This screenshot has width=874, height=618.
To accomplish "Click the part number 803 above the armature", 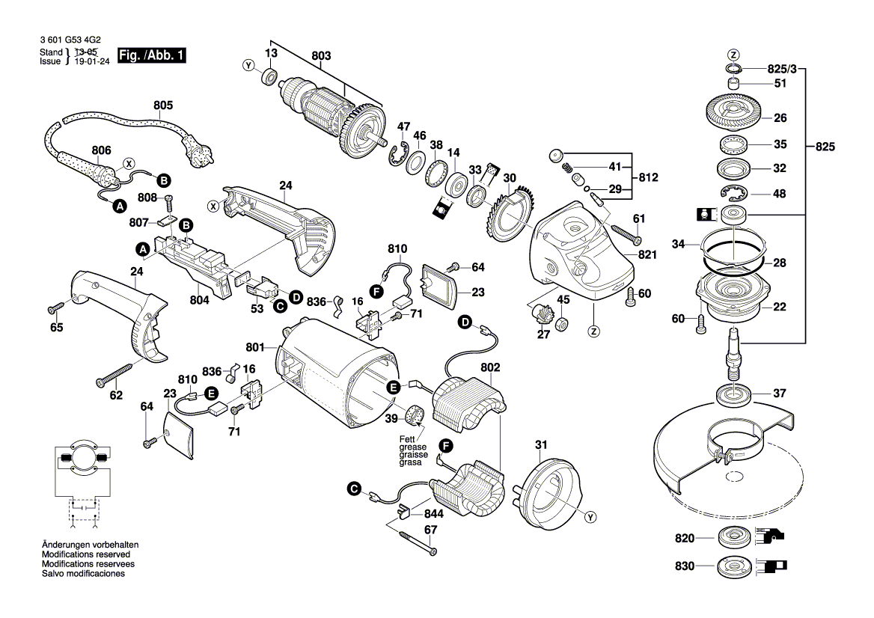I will pos(321,55).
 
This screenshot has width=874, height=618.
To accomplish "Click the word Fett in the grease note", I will pos(406,439).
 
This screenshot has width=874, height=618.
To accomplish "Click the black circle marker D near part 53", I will pos(296,298).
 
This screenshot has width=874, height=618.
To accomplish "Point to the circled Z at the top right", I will pos(733,54).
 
